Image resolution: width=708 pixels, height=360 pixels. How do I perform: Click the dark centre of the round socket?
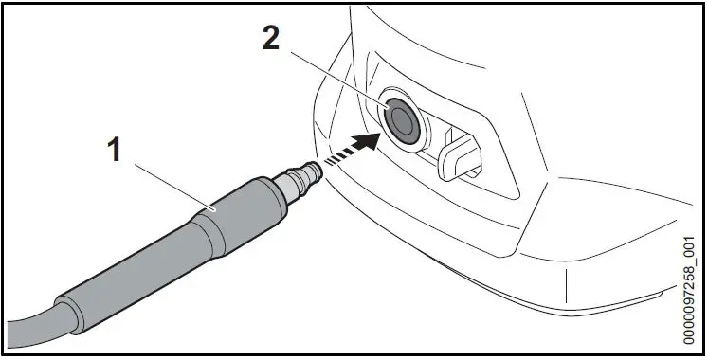click(x=403, y=118)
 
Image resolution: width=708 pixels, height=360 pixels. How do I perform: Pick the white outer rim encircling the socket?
click(x=388, y=103)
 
